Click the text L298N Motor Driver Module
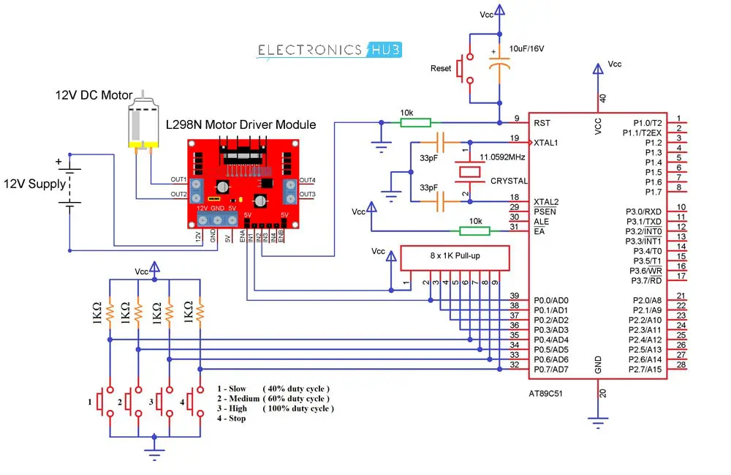pyautogui.click(x=241, y=125)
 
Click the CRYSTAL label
pyautogui.click(x=509, y=181)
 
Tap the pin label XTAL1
pyautogui.click(x=546, y=142)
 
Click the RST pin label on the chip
pyautogui.click(x=542, y=122)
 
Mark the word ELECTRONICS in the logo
pyautogui.click(x=309, y=50)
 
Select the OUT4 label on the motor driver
pyautogui.click(x=307, y=181)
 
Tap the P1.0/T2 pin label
pyautogui.click(x=647, y=122)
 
